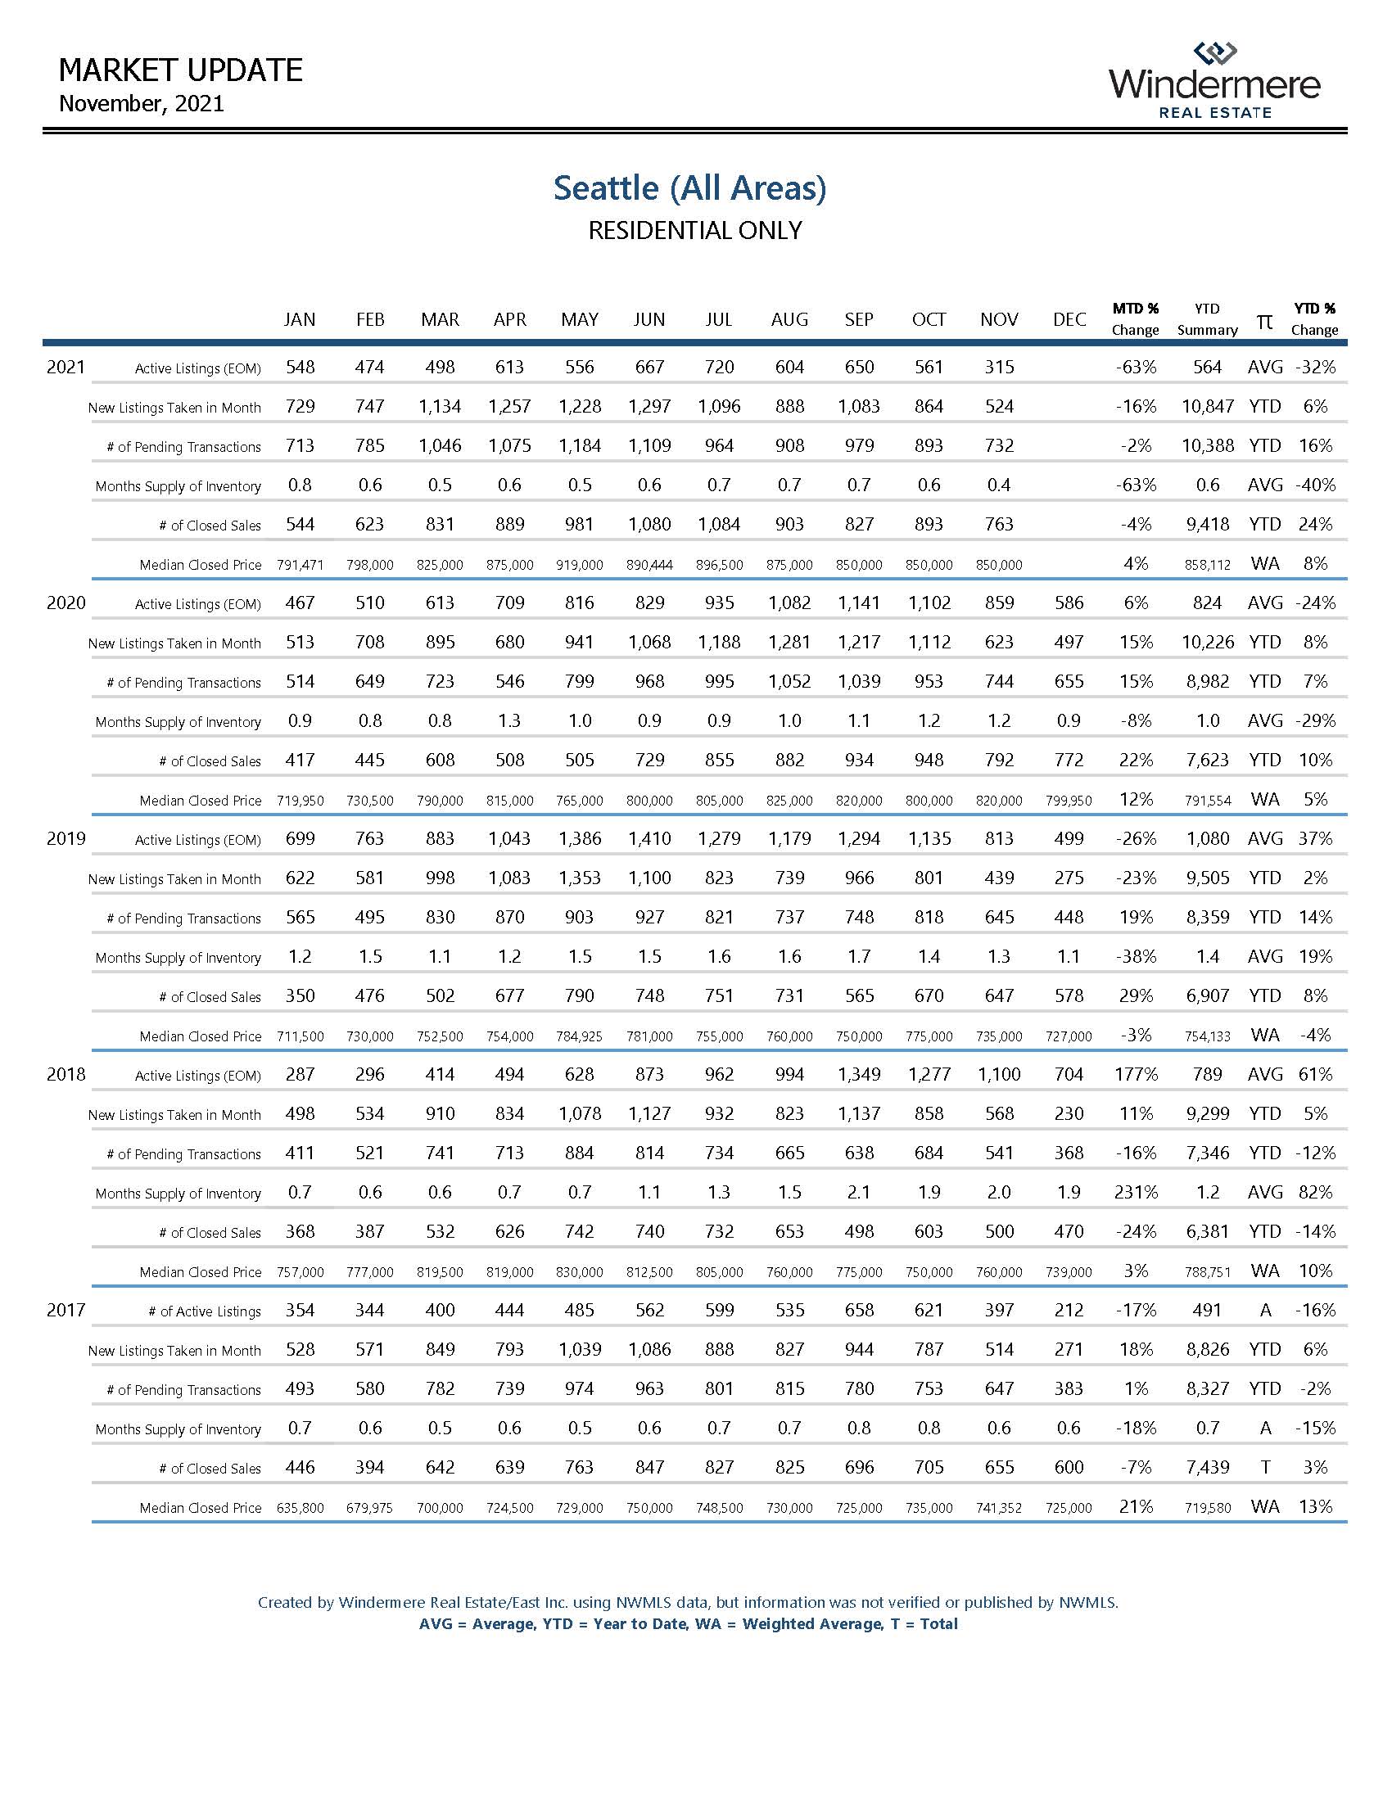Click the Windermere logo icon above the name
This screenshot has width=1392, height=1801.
click(1214, 52)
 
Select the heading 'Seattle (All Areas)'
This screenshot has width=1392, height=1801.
click(689, 188)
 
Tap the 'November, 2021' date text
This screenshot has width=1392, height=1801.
click(142, 104)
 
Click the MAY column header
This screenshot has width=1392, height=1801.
click(580, 319)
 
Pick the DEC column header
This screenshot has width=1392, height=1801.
click(1069, 319)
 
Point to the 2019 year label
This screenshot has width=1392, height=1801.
click(66, 838)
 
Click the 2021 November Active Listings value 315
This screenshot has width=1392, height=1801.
click(999, 367)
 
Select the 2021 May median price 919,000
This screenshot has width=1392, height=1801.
click(580, 565)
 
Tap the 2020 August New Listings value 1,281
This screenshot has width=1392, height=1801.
click(789, 643)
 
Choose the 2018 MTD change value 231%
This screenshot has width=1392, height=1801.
click(1136, 1193)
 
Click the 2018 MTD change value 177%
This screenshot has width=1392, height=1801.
click(1136, 1075)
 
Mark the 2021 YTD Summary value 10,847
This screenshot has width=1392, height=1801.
click(1207, 407)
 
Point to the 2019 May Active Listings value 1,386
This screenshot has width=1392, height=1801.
click(580, 838)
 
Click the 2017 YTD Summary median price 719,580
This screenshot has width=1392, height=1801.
click(1207, 1508)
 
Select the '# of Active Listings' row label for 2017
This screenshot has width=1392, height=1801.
click(205, 1311)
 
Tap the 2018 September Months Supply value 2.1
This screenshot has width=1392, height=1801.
click(859, 1193)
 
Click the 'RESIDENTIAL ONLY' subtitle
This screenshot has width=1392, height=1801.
click(694, 231)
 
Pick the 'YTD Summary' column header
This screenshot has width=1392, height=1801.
click(1207, 319)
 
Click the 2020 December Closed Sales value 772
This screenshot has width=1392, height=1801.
click(1069, 761)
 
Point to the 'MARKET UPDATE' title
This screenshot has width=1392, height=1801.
click(181, 71)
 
